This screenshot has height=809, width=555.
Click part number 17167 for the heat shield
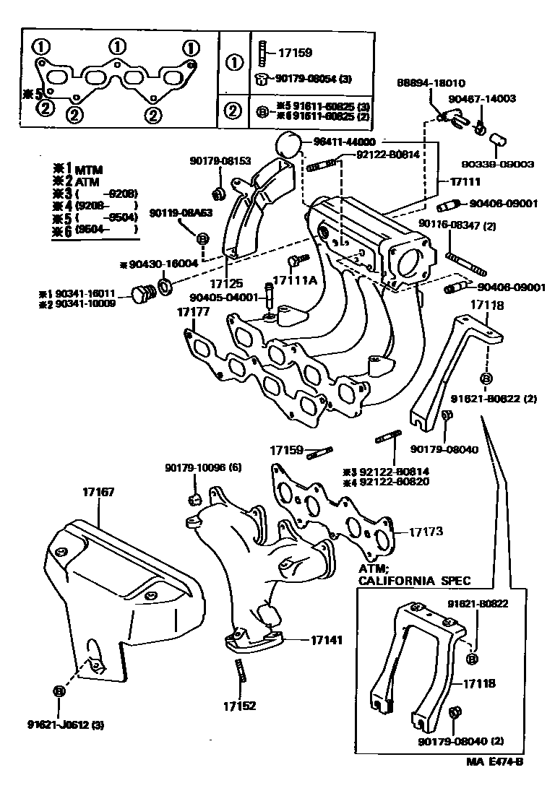pyautogui.click(x=98, y=492)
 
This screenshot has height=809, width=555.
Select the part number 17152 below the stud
pyautogui.click(x=239, y=706)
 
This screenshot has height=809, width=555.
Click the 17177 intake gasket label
pyautogui.click(x=193, y=312)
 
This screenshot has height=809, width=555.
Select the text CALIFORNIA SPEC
pyautogui.click(x=414, y=580)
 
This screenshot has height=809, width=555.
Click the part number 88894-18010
pyautogui.click(x=430, y=84)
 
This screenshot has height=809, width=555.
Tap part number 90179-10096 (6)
pyautogui.click(x=202, y=467)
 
